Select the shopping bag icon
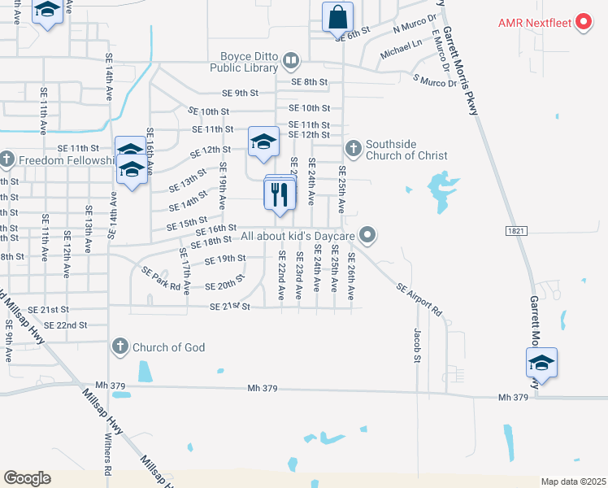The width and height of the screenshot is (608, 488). pos(337,15)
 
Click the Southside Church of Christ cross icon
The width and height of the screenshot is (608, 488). pos(353,148)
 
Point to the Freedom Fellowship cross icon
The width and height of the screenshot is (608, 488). pos(7,158)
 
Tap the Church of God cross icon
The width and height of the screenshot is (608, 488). pos(120,346)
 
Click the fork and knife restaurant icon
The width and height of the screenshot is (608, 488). pos(280,194)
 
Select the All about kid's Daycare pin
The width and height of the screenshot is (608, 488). pos(367,236)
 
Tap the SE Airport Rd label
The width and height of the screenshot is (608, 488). pos(419,299)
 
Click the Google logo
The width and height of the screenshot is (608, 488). pos(27,478)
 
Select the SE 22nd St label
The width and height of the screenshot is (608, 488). pos(66,325)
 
